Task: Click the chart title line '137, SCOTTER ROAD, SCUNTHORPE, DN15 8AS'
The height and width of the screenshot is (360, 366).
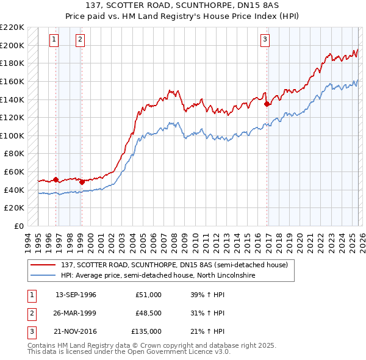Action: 182,7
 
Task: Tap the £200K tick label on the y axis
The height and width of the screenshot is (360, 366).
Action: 13,45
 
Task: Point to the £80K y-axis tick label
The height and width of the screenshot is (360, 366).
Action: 15,154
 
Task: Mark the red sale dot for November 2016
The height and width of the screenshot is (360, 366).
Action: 267,104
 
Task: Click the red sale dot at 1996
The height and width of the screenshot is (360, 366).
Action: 56,179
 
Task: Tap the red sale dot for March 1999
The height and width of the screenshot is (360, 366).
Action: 82,182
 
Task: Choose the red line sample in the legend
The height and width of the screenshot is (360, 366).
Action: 43,264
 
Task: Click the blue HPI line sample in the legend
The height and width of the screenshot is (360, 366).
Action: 43,275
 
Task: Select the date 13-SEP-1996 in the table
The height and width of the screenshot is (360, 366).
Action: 76,295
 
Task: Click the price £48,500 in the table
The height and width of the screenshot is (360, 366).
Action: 148,313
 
